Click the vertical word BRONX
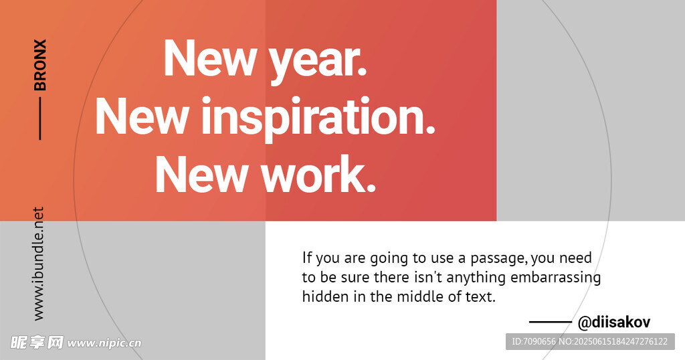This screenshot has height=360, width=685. [39, 65]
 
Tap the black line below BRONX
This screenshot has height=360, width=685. [40, 118]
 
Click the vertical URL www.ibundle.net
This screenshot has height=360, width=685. [38, 264]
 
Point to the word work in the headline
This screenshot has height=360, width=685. [319, 174]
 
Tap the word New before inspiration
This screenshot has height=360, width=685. [142, 116]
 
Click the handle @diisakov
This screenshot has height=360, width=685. [614, 323]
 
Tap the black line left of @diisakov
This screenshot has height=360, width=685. [551, 323]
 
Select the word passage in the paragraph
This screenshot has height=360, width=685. [498, 259]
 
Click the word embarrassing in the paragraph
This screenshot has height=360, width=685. [556, 278]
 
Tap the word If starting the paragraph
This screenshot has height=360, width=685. [307, 258]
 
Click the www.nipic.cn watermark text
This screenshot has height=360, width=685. [104, 343]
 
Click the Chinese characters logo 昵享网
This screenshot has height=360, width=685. [37, 343]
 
